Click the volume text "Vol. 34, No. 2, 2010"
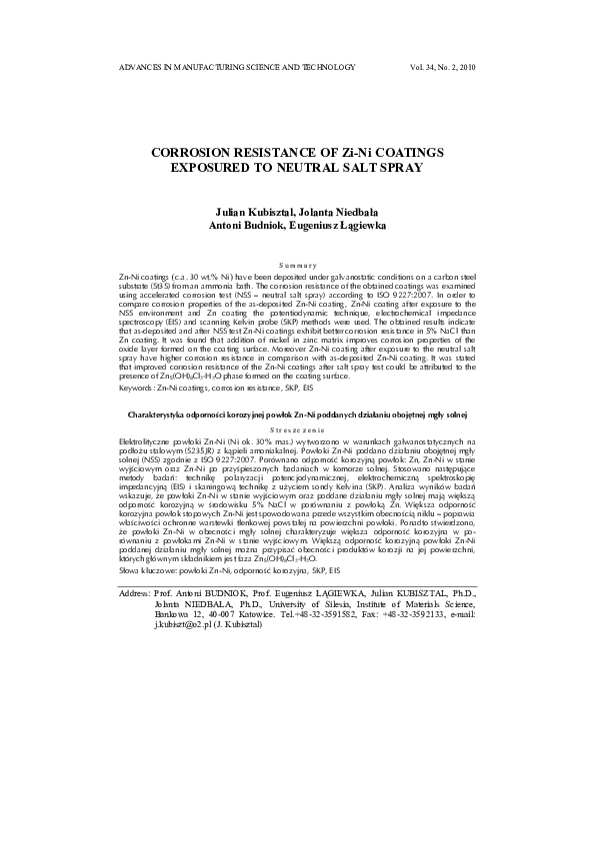(x=442, y=67)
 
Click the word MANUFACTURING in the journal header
(x=201, y=67)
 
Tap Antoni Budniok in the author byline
(x=245, y=229)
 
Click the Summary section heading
(x=297, y=264)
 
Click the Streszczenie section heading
(x=297, y=455)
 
